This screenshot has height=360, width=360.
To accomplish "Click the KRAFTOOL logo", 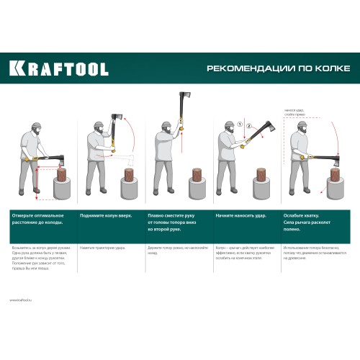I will pyautogui.click(x=59, y=69).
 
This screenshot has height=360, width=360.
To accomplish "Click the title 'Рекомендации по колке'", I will pyautogui.click(x=279, y=69).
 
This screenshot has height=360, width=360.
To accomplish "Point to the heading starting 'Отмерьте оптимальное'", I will pyautogui.click(x=37, y=219).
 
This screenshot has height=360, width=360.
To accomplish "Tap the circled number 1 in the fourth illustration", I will pyautogui.click(x=233, y=124).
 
